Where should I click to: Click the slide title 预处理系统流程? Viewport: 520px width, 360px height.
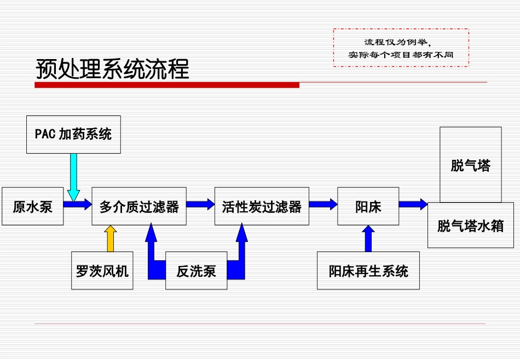(x=112, y=69)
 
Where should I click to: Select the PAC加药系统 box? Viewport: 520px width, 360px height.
(x=73, y=134)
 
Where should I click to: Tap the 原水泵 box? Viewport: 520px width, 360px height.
(x=33, y=206)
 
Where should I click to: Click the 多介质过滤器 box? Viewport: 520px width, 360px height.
(x=139, y=206)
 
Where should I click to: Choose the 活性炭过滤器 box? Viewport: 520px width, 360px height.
(x=262, y=206)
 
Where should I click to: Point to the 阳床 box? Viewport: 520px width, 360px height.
(x=368, y=206)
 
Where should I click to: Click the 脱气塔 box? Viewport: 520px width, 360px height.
(x=470, y=165)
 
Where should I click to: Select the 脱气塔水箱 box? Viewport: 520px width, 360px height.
(x=470, y=225)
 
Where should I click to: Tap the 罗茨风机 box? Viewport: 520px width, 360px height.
(x=102, y=270)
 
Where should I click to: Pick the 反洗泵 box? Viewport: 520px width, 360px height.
(x=196, y=270)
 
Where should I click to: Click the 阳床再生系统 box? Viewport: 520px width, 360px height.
(x=368, y=270)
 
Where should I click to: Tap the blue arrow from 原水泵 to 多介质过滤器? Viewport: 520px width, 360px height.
(x=77, y=205)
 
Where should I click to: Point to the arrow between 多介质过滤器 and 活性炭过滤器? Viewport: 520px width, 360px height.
(x=200, y=205)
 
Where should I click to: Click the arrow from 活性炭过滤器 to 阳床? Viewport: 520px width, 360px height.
(x=323, y=205)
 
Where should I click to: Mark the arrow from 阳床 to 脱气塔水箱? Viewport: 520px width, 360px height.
(x=413, y=205)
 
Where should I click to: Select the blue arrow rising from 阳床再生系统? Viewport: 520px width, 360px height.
(x=368, y=239)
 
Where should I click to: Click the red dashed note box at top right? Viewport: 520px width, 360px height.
(x=401, y=48)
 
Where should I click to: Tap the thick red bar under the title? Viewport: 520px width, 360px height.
(x=167, y=85)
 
